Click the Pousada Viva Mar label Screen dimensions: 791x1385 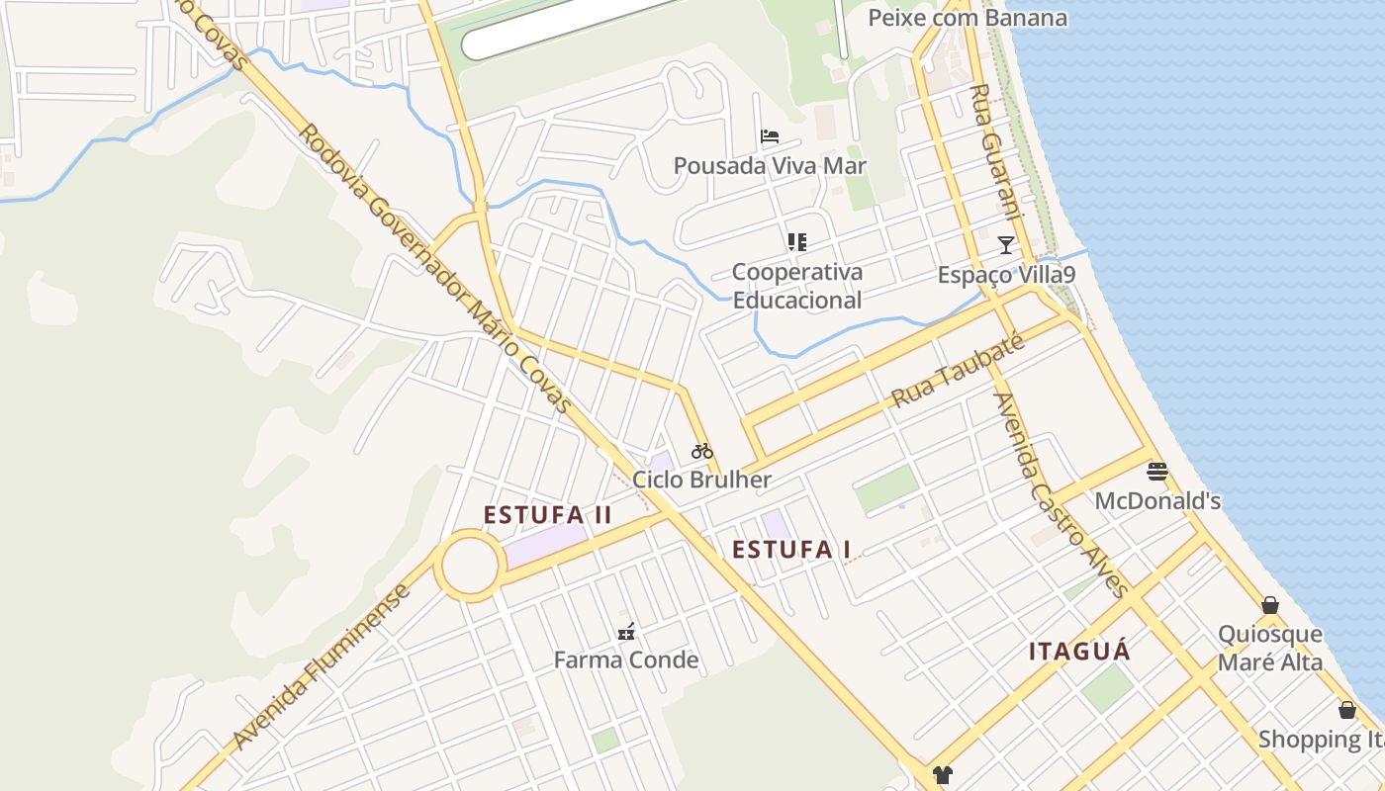[770, 165]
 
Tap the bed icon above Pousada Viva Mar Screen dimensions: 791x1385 [770, 136]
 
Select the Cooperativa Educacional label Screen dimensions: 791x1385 [797, 286]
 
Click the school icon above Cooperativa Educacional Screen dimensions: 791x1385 [797, 242]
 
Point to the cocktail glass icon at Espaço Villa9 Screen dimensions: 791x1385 [1006, 244]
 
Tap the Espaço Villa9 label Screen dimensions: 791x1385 [1006, 274]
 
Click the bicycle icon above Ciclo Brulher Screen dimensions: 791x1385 [702, 452]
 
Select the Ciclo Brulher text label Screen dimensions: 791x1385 [702, 481]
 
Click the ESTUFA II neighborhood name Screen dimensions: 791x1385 [548, 515]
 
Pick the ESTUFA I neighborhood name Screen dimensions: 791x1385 [791, 550]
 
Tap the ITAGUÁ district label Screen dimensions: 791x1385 [1079, 652]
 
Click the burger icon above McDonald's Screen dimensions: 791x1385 [1157, 472]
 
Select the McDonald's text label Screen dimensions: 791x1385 [1157, 501]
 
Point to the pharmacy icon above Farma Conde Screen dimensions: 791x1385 [626, 631]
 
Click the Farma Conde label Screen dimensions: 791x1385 [626, 659]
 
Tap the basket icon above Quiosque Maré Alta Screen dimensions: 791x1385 [1270, 605]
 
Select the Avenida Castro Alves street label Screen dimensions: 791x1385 [1062, 495]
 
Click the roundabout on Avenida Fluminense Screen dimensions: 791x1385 [468, 566]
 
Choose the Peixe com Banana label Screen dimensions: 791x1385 [968, 18]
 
